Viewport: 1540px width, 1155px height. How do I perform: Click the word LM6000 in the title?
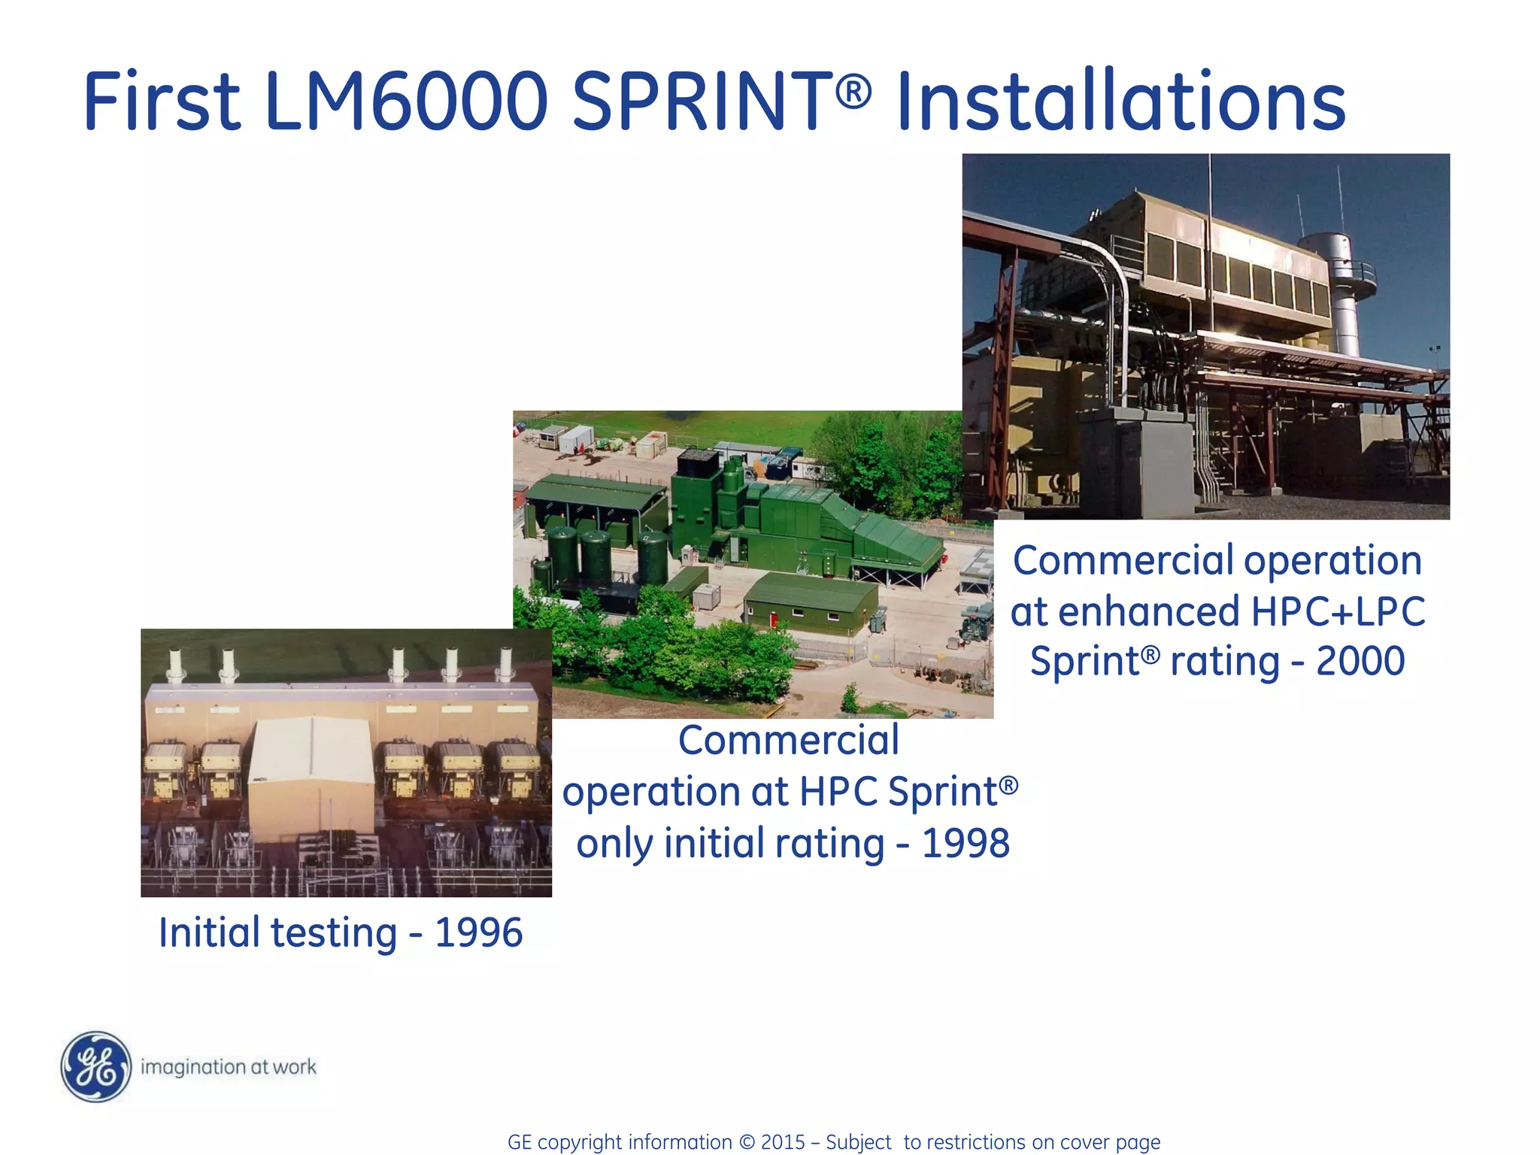pyautogui.click(x=406, y=102)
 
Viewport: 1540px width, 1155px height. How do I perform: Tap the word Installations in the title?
pyautogui.click(x=1120, y=102)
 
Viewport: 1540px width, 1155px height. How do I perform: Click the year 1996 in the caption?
pyautogui.click(x=478, y=933)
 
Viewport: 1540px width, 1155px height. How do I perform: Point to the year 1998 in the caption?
pyautogui.click(x=966, y=843)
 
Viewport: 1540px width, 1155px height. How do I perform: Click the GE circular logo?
pyautogui.click(x=95, y=1066)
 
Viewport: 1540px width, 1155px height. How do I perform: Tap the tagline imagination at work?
pyautogui.click(x=229, y=1067)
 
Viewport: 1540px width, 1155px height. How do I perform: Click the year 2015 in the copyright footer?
pyautogui.click(x=783, y=1142)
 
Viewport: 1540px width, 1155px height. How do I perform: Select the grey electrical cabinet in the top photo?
pyautogui.click(x=1135, y=459)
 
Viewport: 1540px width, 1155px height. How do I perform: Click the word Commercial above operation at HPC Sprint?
pyautogui.click(x=788, y=740)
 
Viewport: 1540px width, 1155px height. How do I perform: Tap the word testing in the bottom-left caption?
pyautogui.click(x=333, y=933)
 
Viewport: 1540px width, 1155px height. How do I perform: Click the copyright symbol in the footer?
pyautogui.click(x=747, y=1142)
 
